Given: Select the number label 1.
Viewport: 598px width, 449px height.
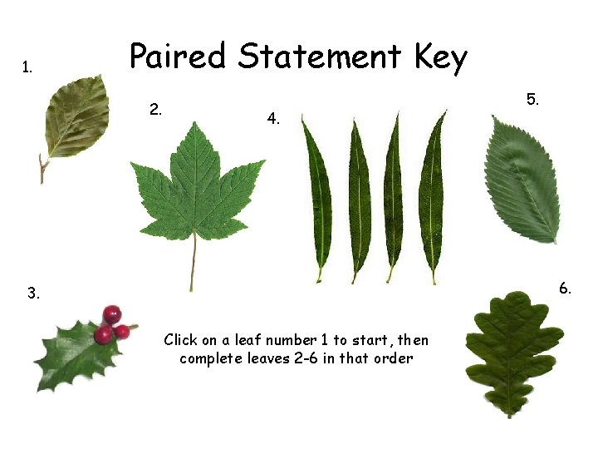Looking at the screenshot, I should [27, 67].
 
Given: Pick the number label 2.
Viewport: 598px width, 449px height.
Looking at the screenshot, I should [155, 109].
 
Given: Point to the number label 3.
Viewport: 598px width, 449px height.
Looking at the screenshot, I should [32, 294].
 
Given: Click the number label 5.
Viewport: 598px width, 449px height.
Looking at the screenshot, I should [532, 100].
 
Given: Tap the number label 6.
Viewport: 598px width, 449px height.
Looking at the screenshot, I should [565, 289].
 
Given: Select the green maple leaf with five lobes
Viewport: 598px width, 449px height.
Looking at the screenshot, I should [196, 187].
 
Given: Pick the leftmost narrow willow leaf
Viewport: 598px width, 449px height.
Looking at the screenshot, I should [317, 195].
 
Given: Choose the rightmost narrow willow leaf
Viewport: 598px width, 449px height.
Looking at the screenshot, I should [432, 195].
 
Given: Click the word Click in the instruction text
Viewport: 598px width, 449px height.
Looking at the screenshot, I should [179, 339].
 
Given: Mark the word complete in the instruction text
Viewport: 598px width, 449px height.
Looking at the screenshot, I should [208, 359].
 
